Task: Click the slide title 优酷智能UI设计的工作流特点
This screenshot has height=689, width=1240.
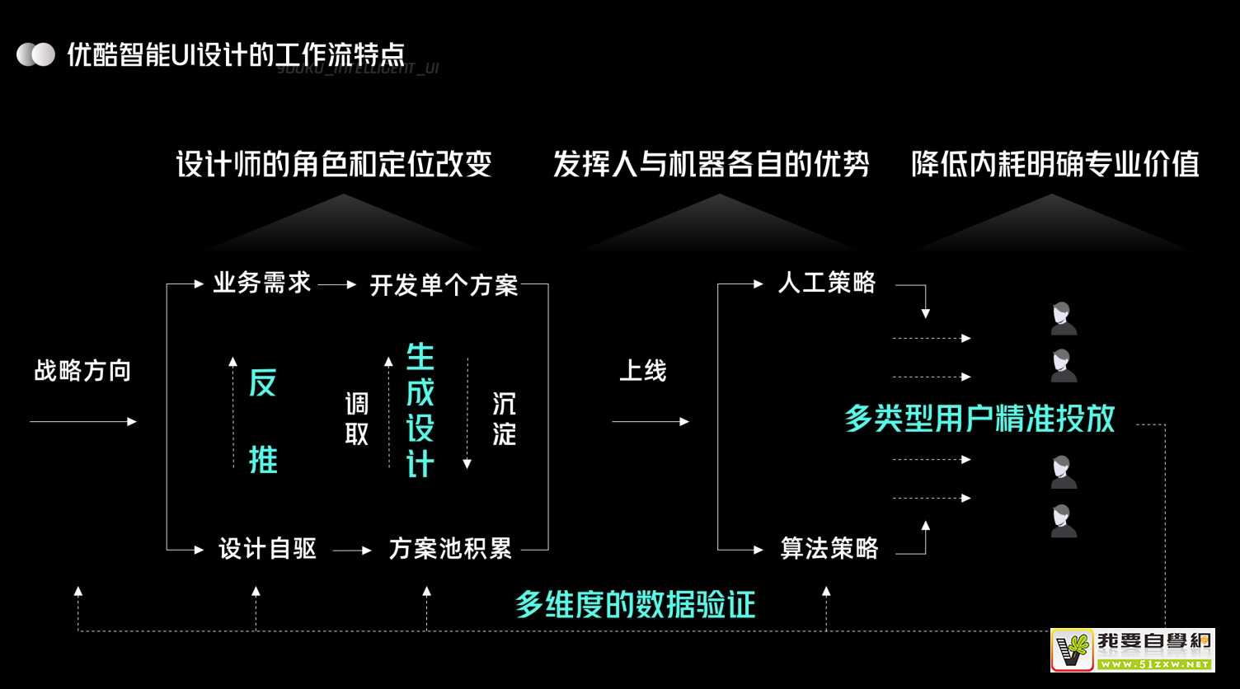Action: click(235, 55)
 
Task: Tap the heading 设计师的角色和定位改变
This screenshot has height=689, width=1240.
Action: click(334, 164)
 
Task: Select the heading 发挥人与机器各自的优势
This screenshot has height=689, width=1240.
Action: click(711, 164)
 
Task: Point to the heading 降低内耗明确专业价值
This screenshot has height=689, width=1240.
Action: click(1054, 164)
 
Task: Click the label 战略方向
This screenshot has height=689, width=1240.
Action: click(82, 371)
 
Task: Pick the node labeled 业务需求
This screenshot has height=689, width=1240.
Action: click(262, 284)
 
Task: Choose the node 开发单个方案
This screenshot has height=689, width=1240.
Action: click(444, 285)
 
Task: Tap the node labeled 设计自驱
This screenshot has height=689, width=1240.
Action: click(267, 549)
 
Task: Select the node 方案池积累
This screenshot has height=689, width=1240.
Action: click(450, 549)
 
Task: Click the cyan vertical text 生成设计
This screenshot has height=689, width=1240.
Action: click(420, 410)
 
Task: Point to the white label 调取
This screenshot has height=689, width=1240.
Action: click(356, 419)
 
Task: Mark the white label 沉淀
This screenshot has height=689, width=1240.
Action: click(504, 419)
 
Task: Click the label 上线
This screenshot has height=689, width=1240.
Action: click(642, 371)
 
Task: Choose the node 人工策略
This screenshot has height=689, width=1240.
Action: click(826, 284)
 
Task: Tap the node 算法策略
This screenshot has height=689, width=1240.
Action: click(829, 549)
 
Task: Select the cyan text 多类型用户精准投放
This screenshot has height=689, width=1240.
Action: click(979, 419)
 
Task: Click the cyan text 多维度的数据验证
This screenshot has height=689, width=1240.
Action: click(635, 605)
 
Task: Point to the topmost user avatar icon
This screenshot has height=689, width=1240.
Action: click(1063, 319)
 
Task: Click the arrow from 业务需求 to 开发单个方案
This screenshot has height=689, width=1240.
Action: click(337, 285)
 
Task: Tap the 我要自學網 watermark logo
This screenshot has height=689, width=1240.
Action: click(1132, 650)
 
